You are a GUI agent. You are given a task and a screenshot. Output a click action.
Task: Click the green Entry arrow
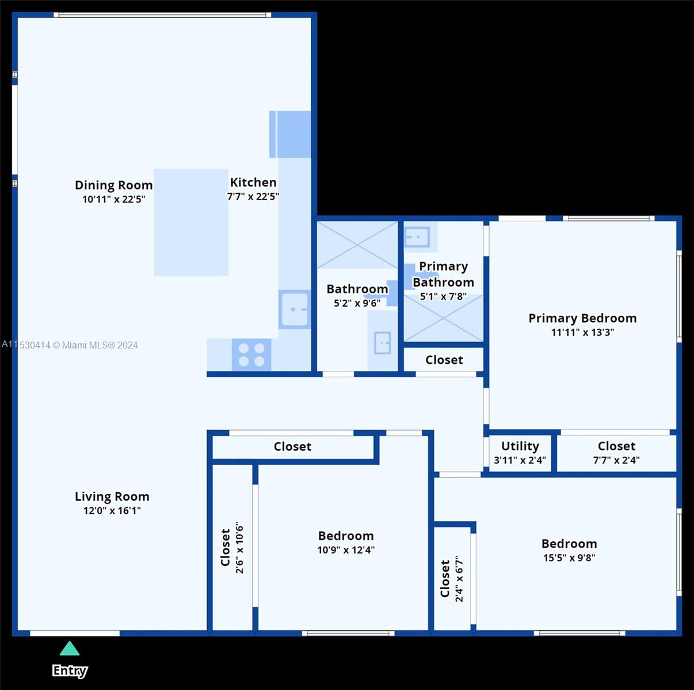pyautogui.click(x=70, y=649)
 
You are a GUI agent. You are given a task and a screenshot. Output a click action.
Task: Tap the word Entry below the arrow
pyautogui.click(x=70, y=670)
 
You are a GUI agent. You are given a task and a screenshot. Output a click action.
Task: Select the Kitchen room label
pyautogui.click(x=253, y=182)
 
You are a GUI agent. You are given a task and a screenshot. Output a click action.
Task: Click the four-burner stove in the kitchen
pyautogui.click(x=251, y=354)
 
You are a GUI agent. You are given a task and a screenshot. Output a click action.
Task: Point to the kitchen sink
pyautogui.click(x=294, y=309)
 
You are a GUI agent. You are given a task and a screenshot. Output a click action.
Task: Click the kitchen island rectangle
pyautogui.click(x=191, y=222)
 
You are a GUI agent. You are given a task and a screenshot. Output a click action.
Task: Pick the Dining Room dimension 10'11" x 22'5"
pyautogui.click(x=113, y=200)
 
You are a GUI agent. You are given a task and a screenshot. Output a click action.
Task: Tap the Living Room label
pyautogui.click(x=112, y=496)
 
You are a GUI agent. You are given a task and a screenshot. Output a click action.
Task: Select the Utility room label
pyautogui.click(x=520, y=446)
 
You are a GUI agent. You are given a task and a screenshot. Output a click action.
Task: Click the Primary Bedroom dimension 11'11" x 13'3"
pyautogui.click(x=582, y=332)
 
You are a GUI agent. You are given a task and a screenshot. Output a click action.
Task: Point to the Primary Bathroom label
pyautogui.click(x=443, y=274)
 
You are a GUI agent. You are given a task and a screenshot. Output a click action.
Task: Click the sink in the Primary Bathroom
pyautogui.click(x=417, y=236)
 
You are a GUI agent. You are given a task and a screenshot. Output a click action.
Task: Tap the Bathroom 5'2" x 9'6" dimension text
pyautogui.click(x=357, y=303)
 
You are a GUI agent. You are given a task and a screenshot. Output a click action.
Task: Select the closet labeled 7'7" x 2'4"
pyautogui.click(x=616, y=453)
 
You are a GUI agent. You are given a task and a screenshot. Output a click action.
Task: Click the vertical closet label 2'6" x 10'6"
pyautogui.click(x=232, y=548)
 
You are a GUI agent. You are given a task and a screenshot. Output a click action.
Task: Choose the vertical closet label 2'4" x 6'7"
pyautogui.click(x=452, y=578)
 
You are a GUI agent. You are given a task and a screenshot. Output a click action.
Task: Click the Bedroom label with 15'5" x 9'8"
pyautogui.click(x=569, y=543)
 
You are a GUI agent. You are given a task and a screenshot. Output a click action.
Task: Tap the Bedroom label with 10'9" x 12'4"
pyautogui.click(x=346, y=535)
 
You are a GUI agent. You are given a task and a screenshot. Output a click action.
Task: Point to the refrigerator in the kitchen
pyautogui.click(x=291, y=134)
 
